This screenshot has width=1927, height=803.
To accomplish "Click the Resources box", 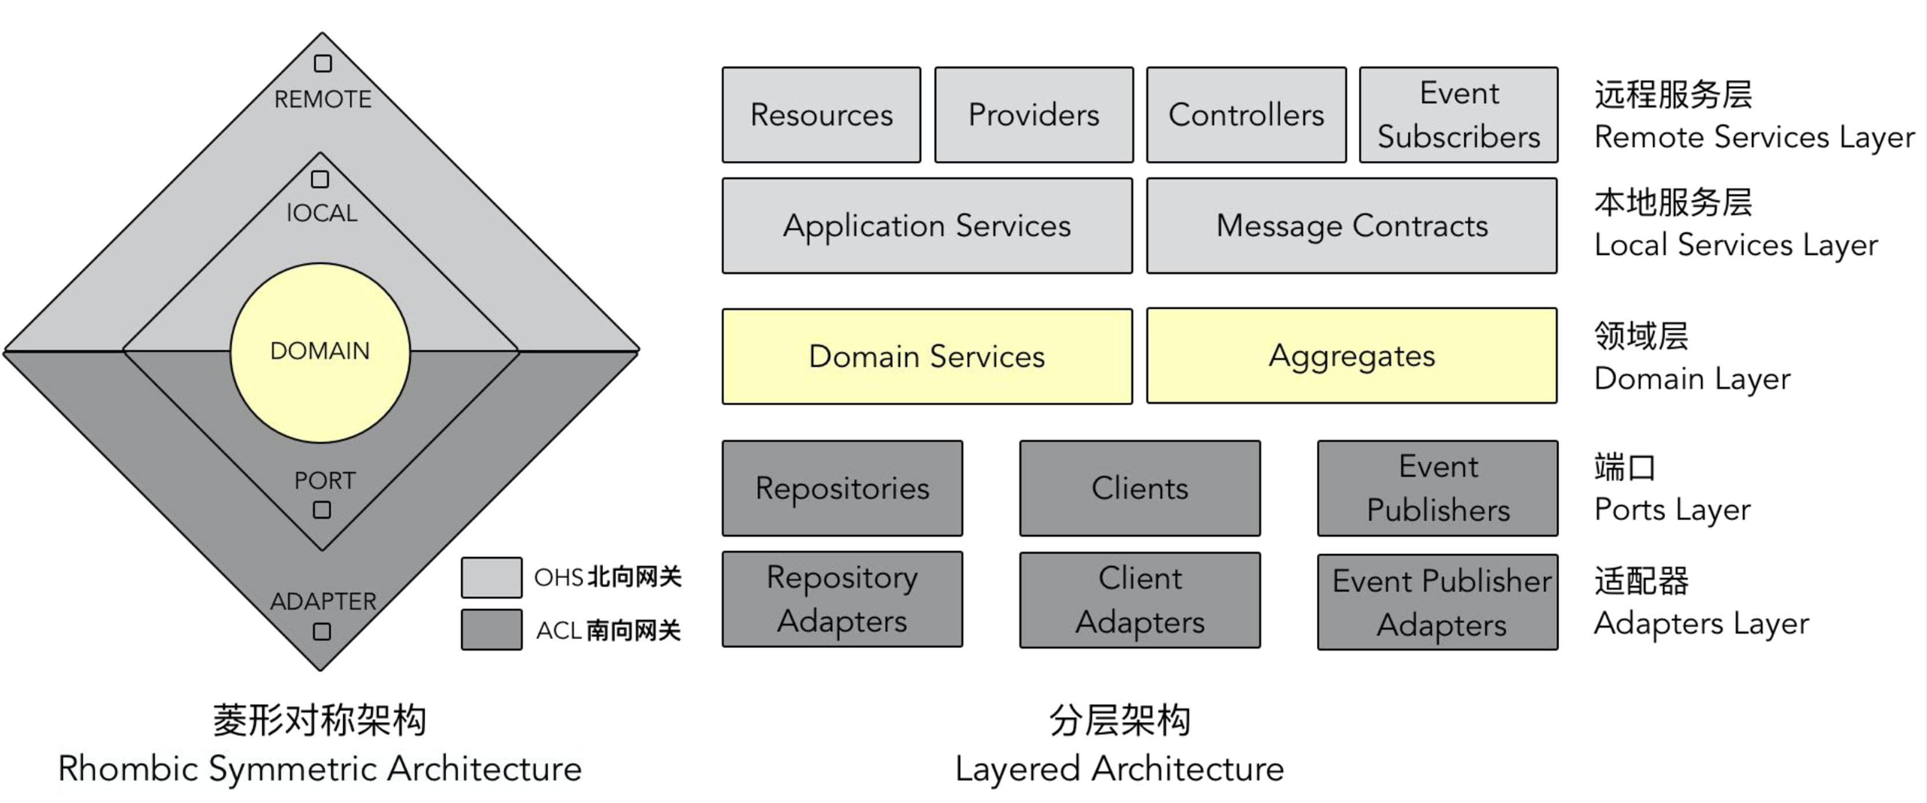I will click(x=821, y=115).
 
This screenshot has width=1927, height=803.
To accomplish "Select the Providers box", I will click(x=1034, y=115).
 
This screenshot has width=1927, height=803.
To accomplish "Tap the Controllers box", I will click(x=1247, y=115).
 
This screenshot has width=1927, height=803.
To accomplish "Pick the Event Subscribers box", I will click(x=1459, y=115).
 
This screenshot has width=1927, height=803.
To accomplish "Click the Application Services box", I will click(x=927, y=226).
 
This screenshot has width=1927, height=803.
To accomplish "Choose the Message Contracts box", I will click(x=1352, y=226).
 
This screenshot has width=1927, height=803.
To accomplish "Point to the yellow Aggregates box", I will click(x=1352, y=356).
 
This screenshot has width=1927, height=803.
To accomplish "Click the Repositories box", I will click(x=842, y=488).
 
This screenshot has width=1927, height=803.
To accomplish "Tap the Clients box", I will click(x=1139, y=488).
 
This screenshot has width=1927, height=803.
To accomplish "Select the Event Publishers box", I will click(x=1438, y=488).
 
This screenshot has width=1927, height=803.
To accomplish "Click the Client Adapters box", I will click(x=1139, y=600).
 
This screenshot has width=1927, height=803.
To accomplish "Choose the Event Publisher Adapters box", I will click(x=1438, y=602).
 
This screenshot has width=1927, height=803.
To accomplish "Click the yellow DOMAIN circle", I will click(x=320, y=352).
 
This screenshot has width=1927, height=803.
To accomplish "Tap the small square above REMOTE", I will click(x=322, y=64).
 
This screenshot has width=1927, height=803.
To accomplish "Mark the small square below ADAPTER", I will click(x=322, y=632).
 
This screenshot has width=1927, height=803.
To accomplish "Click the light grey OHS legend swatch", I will click(x=492, y=577).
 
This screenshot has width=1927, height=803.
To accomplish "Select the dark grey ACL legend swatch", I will click(x=492, y=630).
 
